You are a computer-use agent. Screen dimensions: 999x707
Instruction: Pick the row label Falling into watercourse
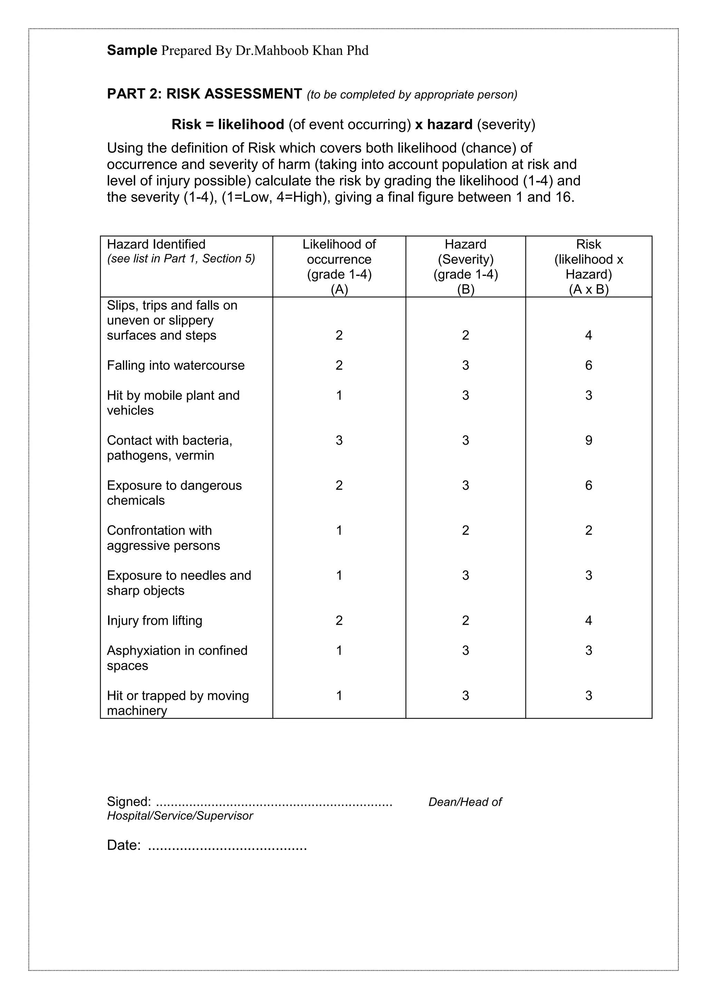pos(175,366)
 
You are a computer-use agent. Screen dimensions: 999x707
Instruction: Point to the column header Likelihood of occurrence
pos(339,251)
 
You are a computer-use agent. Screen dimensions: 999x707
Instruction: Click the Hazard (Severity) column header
pos(465,251)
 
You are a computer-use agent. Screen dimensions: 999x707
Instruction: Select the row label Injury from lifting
pos(155,621)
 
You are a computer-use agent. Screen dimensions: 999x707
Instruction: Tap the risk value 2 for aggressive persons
pos(588,531)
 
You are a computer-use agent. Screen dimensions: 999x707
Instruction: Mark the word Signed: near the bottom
pos(129,801)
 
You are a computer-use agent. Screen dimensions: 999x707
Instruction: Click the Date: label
pos(124,845)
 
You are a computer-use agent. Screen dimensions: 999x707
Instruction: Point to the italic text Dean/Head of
pos(465,802)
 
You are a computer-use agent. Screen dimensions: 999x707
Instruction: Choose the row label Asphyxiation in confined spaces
pos(177,658)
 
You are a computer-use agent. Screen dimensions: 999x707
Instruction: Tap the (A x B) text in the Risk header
pos(588,289)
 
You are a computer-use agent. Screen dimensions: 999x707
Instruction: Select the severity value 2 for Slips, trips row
pos(465,335)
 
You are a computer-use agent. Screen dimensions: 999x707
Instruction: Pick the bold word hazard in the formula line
pos(449,125)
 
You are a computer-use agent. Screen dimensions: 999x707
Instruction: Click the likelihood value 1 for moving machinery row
pos(339,695)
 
